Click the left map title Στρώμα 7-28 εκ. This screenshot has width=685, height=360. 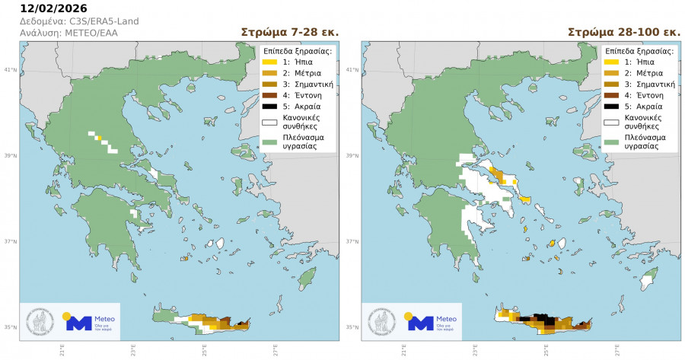tap(289, 33)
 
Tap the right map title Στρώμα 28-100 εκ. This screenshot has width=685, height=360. tap(624, 33)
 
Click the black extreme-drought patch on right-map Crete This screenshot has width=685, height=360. tap(543, 317)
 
